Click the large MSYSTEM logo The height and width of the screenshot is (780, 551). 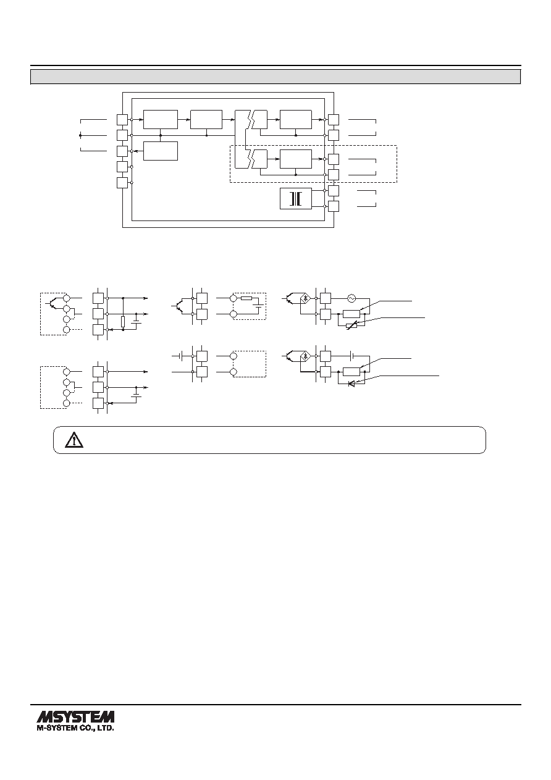75,717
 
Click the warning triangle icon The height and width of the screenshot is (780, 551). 74,440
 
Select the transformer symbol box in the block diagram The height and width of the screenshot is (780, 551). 296,198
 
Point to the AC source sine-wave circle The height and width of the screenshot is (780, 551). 351,298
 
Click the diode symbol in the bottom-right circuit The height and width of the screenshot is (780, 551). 351,384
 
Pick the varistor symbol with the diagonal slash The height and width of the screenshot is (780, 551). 351,326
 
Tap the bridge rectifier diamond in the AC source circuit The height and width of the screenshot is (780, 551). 305,298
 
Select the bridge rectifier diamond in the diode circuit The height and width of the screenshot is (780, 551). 305,356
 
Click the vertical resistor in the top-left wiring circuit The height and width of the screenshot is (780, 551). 123,322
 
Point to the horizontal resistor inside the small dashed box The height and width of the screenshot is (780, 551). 246,298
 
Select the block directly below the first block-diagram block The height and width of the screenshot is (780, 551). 161,151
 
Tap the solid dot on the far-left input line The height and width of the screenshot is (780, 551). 80,135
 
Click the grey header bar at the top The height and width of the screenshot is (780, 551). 275,77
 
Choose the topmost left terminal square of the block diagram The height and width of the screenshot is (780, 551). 122,120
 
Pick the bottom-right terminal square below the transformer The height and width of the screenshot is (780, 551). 334,206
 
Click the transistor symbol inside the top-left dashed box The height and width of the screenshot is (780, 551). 51,303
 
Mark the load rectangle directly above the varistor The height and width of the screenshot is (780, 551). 351,314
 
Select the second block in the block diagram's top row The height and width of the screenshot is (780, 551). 206,119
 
